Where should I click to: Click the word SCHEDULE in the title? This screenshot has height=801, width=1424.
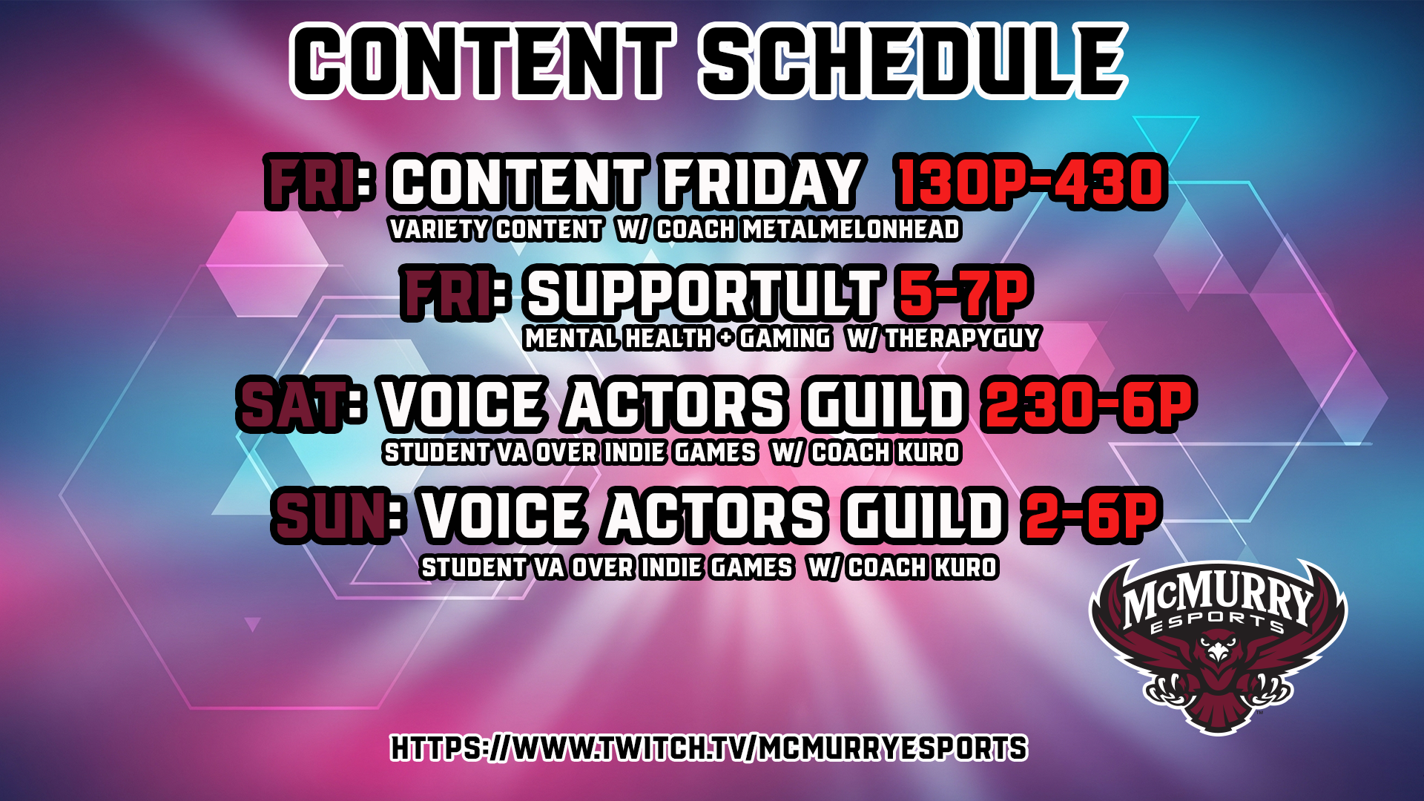point(912,61)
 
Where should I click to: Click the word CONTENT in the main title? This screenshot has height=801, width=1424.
point(483,61)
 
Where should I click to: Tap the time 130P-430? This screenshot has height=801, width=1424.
point(1031,182)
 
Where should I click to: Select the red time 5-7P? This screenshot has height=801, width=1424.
point(963,293)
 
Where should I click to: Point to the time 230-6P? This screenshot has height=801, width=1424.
point(1088,405)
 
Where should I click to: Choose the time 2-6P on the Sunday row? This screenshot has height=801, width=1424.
point(1090,516)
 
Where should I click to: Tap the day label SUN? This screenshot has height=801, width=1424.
point(329,516)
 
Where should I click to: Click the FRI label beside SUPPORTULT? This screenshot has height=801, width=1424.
point(447,294)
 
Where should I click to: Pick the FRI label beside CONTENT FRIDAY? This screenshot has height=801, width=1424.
point(311,182)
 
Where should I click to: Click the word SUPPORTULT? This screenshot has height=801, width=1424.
point(703,294)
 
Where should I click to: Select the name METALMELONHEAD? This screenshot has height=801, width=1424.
point(851,230)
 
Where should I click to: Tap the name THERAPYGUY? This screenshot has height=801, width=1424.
point(962,339)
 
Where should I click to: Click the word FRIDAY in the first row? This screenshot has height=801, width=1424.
point(761,182)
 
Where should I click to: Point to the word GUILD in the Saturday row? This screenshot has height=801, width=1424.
point(886,406)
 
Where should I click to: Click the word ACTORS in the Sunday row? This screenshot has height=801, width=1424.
point(715,516)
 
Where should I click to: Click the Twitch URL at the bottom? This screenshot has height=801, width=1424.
point(708,748)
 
